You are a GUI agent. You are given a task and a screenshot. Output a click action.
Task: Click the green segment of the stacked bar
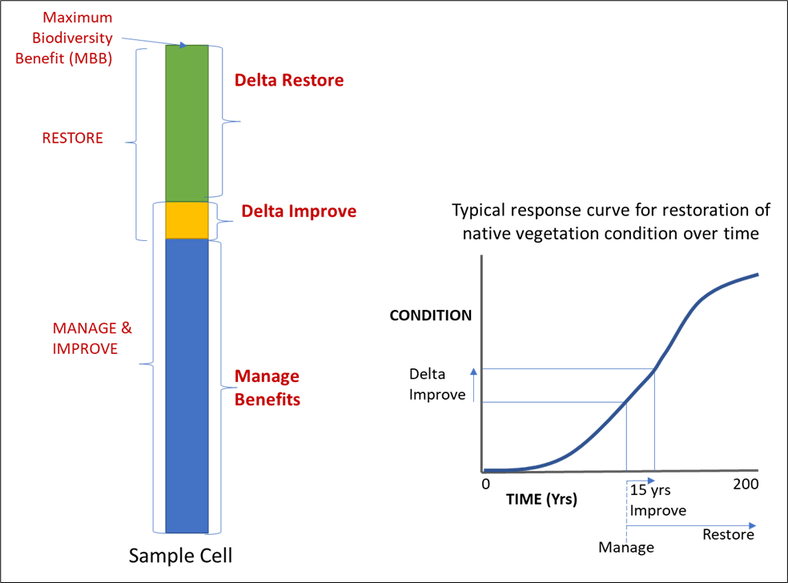click(187, 120)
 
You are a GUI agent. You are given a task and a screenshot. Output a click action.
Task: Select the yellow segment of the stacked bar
click(187, 220)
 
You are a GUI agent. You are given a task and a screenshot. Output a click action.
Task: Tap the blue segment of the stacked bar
click(187, 384)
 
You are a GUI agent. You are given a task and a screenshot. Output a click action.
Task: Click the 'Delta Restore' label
click(289, 80)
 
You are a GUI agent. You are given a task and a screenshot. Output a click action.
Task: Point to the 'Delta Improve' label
click(299, 211)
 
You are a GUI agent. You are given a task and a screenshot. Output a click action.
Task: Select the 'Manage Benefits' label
click(267, 388)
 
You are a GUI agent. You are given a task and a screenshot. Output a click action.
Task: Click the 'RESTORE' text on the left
click(72, 138)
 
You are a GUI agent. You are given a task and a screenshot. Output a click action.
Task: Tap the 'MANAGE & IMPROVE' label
click(92, 339)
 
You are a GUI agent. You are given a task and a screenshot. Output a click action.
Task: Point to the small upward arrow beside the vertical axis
click(474, 384)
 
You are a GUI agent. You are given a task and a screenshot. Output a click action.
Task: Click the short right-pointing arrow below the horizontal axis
click(641, 480)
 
